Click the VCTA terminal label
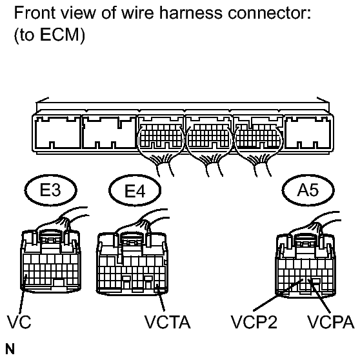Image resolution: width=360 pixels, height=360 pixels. pos(166,321)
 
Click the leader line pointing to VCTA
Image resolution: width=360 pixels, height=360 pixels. pos(160,300)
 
